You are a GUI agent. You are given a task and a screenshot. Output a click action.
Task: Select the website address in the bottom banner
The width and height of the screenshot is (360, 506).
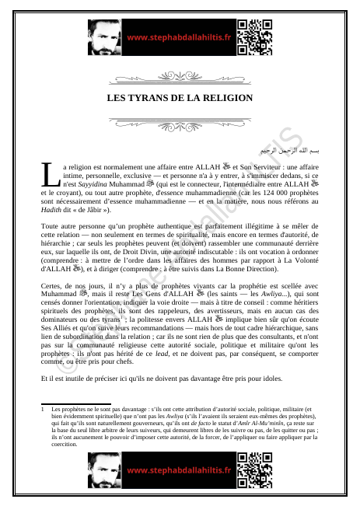click(178, 470)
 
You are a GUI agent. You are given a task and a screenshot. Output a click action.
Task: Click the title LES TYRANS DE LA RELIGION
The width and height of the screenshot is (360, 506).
click(180, 98)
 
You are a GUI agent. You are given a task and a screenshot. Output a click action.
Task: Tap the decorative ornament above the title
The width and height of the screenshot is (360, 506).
click(180, 78)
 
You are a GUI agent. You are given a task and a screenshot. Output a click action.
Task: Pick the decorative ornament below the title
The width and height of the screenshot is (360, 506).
click(180, 121)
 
